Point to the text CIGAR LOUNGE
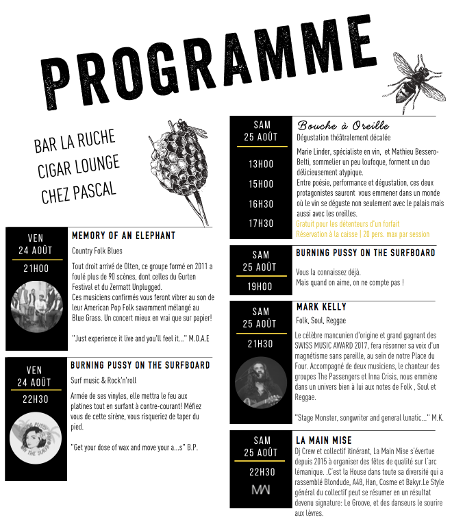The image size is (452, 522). tap(78, 166)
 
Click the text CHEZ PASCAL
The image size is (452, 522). tap(78, 190)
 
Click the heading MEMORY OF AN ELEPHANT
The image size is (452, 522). tap(123, 236)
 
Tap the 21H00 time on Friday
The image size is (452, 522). tap(36, 269)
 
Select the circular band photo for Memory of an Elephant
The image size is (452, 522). tap(36, 308)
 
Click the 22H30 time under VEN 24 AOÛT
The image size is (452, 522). tap(36, 399)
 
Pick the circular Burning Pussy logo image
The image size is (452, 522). tap(36, 438)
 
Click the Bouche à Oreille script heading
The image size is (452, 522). tap(343, 125)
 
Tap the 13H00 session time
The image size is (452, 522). tap(261, 164)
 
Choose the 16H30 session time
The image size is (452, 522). tap(261, 203)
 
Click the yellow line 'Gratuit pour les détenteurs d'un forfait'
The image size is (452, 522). tap(347, 224)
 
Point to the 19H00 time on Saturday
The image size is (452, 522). tap(261, 287)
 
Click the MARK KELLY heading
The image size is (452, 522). tap(321, 307)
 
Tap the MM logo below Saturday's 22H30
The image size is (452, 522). tap(261, 490)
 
